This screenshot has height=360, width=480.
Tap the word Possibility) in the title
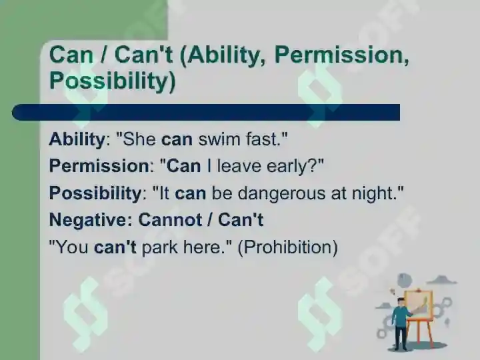pyautogui.click(x=113, y=81)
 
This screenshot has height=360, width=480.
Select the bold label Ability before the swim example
pyautogui.click(x=77, y=139)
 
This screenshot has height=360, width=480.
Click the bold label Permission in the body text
pyautogui.click(x=99, y=166)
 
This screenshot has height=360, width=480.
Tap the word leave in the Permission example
pyautogui.click(x=239, y=166)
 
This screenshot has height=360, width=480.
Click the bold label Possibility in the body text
pyautogui.click(x=95, y=193)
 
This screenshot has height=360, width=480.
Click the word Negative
pyautogui.click(x=89, y=220)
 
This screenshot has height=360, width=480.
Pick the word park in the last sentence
pyautogui.click(x=159, y=247)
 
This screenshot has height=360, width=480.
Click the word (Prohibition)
pyautogui.click(x=288, y=247)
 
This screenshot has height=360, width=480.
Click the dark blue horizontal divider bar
pyautogui.click(x=206, y=112)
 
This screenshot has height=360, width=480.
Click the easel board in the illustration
pyautogui.click(x=419, y=305)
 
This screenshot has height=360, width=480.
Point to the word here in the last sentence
pyautogui.click(x=202, y=247)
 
